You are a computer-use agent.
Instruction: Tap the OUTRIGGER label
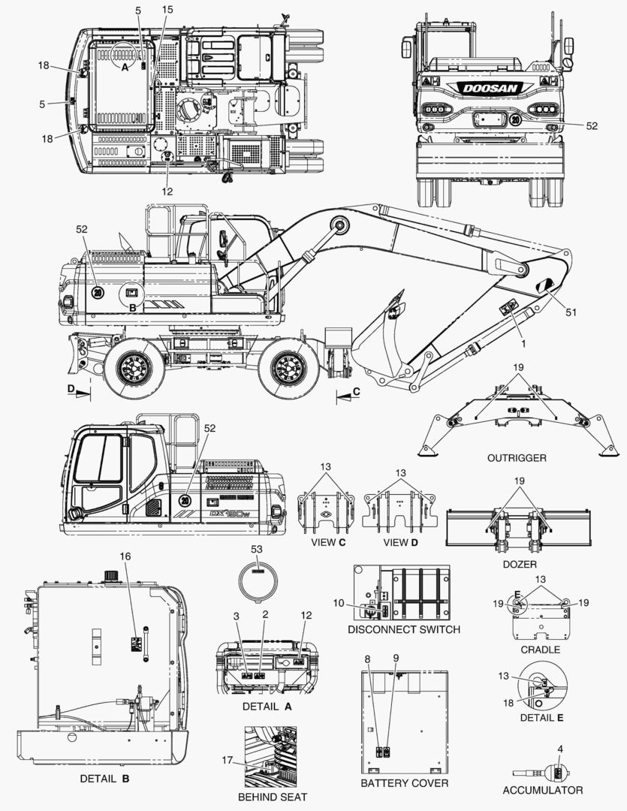516,457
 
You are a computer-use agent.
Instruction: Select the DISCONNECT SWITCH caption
404,629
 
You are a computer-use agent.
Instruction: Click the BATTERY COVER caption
404,783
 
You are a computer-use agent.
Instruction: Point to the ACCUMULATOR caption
542,790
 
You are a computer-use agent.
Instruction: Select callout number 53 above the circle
258,550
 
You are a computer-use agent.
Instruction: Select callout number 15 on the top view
167,9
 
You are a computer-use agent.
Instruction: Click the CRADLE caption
540,649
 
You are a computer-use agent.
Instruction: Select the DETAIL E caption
541,717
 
